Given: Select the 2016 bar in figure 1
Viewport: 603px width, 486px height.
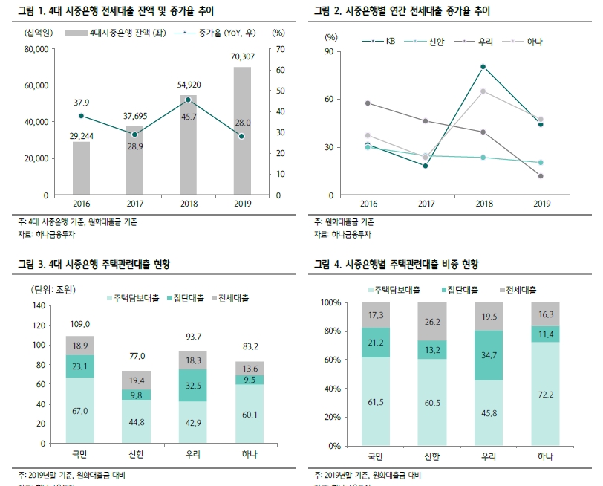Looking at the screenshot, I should point(81,168).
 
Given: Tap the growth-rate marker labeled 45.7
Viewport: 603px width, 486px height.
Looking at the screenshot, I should point(188,100).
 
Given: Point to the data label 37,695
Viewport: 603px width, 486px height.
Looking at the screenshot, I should point(134,116).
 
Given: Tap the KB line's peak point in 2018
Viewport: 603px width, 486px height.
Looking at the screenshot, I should point(483,67).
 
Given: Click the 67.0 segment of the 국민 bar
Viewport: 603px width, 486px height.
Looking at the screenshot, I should point(80,410).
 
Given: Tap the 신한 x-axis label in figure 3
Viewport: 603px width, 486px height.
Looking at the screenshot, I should point(137,454).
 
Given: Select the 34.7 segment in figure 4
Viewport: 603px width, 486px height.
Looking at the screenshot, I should point(489,356).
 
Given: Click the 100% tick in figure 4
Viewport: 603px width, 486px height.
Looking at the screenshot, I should point(330,303).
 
